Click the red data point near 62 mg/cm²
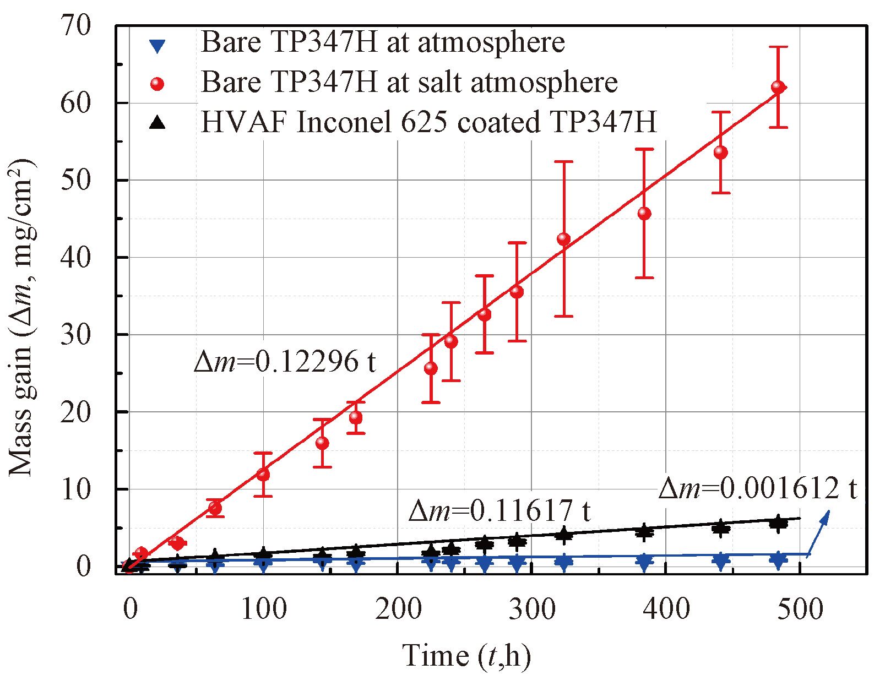tap(778, 87)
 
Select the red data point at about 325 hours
tap(563, 239)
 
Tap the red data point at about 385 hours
tap(644, 213)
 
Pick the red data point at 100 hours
tap(263, 474)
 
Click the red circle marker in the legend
tap(158, 84)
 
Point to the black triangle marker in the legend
tap(158, 123)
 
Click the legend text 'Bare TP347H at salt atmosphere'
tap(409, 83)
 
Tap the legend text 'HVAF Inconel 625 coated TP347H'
tap(428, 122)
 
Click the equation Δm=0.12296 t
tap(285, 362)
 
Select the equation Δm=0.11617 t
tap(499, 511)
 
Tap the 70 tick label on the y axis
tap(75, 25)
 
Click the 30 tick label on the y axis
tap(75, 335)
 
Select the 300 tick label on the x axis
tap(532, 609)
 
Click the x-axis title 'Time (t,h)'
tap(466, 655)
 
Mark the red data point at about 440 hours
tap(720, 153)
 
